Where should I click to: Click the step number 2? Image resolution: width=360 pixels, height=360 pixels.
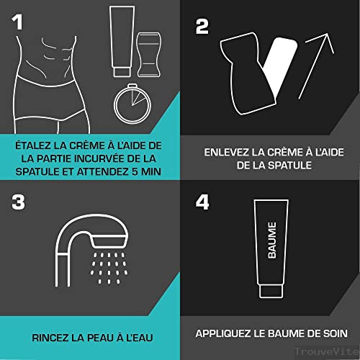[202, 27]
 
